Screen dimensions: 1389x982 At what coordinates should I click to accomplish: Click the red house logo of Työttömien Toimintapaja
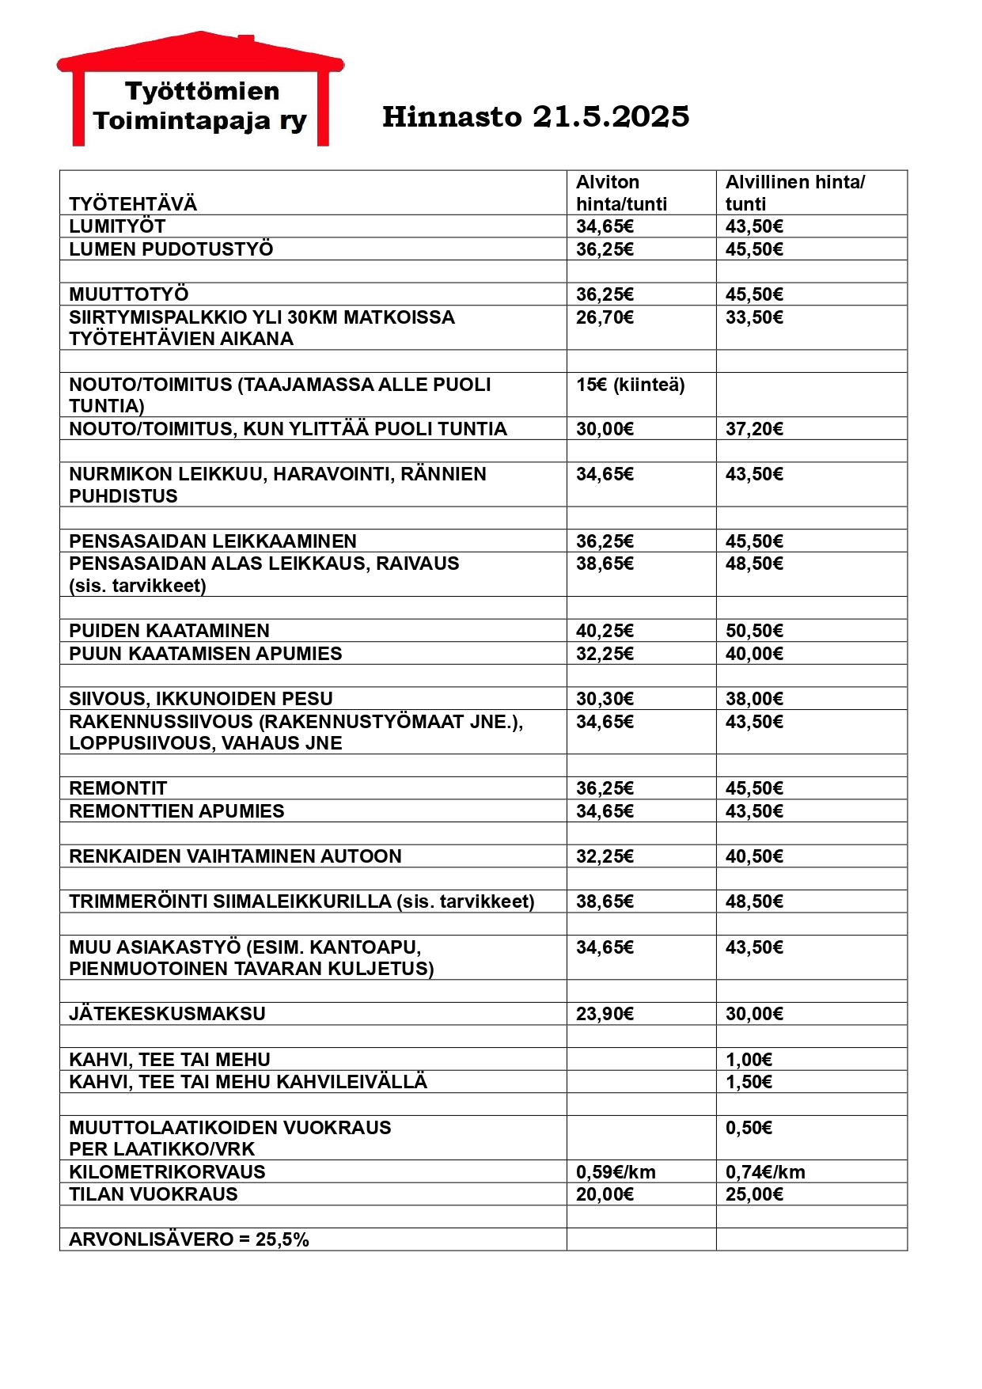(200, 89)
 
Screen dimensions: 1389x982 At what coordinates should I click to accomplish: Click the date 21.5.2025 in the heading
(611, 117)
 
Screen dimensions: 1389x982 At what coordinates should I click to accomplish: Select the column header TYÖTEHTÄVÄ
(133, 204)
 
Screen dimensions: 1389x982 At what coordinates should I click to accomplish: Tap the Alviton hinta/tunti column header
(621, 193)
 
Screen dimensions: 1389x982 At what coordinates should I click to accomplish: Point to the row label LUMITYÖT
(117, 226)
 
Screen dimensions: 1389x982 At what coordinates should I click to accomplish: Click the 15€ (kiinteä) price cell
(630, 385)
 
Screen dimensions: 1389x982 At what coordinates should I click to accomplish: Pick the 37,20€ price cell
(754, 429)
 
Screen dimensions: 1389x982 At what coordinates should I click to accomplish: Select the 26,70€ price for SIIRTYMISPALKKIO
(605, 317)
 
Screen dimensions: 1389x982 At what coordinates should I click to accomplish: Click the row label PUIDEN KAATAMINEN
(169, 631)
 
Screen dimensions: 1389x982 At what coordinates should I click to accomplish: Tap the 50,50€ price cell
(754, 631)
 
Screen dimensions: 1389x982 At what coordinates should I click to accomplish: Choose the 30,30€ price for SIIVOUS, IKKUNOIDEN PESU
(605, 699)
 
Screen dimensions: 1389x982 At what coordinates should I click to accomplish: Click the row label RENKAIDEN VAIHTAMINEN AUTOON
(235, 856)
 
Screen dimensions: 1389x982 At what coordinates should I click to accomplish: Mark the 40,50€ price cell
(754, 856)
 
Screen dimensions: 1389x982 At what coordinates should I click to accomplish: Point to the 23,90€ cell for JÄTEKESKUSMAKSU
(605, 1014)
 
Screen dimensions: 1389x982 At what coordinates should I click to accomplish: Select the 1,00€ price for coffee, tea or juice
(749, 1060)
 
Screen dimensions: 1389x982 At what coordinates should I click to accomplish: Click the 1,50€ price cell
(749, 1082)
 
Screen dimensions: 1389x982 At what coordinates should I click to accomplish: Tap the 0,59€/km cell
(616, 1172)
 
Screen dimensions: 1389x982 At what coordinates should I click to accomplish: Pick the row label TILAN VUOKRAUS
(154, 1194)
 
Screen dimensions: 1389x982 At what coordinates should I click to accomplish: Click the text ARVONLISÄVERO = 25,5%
(189, 1239)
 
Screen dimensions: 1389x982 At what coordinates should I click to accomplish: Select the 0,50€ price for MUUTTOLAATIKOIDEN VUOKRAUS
(749, 1128)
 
